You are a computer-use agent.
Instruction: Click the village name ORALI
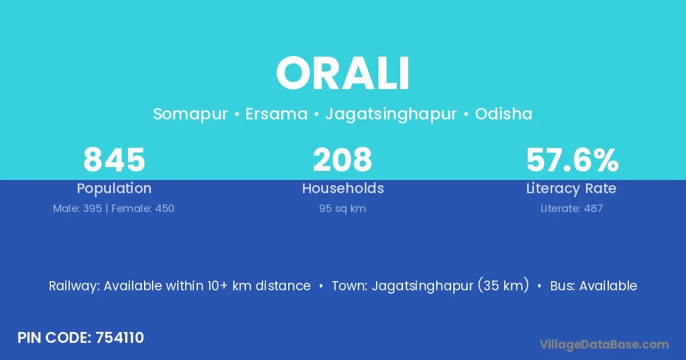pyautogui.click(x=342, y=73)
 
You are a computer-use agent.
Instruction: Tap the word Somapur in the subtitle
pyautogui.click(x=190, y=114)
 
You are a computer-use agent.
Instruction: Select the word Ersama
pyautogui.click(x=276, y=114)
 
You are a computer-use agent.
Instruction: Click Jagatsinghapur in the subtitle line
pyautogui.click(x=391, y=114)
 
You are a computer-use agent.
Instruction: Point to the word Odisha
pyautogui.click(x=504, y=114)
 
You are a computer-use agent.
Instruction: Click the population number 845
pyautogui.click(x=114, y=159)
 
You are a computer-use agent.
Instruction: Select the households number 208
pyautogui.click(x=342, y=159)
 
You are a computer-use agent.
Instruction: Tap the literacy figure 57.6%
pyautogui.click(x=572, y=160)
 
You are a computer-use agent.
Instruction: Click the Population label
pyautogui.click(x=114, y=189)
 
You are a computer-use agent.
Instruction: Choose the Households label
pyautogui.click(x=343, y=188)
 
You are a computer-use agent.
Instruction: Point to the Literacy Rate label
pyautogui.click(x=571, y=189)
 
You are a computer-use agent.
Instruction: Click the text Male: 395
pyautogui.click(x=78, y=209)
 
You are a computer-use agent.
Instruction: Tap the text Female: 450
pyautogui.click(x=143, y=209)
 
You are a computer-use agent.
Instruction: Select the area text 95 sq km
pyautogui.click(x=342, y=209)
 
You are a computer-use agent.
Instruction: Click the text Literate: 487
pyautogui.click(x=572, y=209)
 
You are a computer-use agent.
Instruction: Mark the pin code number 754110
pyautogui.click(x=119, y=338)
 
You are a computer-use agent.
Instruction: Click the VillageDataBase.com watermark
pyautogui.click(x=604, y=345)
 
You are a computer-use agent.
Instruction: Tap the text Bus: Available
pyautogui.click(x=593, y=286)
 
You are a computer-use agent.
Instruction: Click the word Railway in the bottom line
pyautogui.click(x=74, y=286)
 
